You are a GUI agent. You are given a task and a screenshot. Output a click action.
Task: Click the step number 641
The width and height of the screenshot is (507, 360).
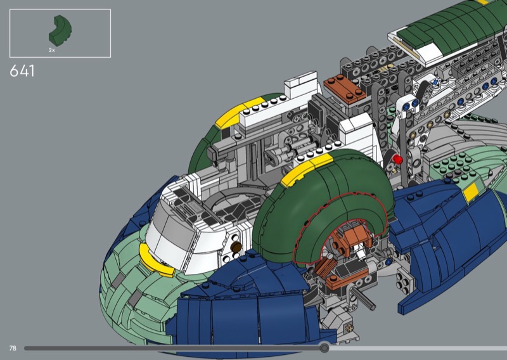click(x=22, y=71)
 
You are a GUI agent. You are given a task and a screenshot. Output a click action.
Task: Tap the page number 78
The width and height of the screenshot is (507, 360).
click(x=13, y=348)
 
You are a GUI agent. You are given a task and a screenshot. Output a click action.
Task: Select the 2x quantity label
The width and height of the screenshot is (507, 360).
click(x=52, y=50)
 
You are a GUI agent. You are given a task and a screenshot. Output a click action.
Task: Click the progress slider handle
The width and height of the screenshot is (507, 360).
click(x=324, y=348)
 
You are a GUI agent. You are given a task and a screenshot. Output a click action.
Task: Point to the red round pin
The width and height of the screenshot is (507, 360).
click(x=397, y=159)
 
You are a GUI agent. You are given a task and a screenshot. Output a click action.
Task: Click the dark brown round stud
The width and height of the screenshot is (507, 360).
click(x=236, y=247)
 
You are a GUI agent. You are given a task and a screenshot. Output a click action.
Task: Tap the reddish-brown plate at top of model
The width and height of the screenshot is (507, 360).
click(x=344, y=88)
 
